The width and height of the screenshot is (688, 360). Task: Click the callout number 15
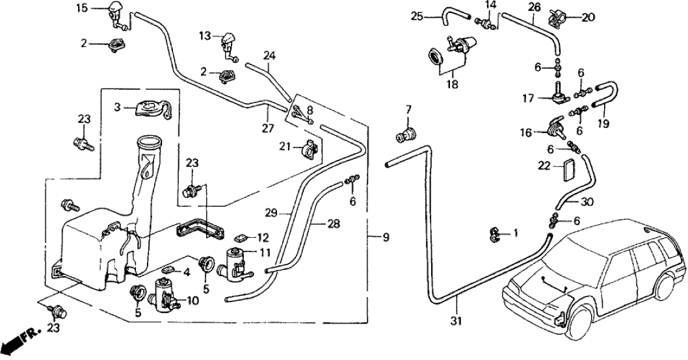point(81,8)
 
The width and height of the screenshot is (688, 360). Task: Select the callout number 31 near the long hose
point(457,320)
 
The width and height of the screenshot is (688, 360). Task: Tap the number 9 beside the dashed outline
point(386,238)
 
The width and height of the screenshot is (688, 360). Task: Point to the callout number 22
point(544,166)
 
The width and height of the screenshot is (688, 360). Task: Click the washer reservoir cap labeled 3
point(151,107)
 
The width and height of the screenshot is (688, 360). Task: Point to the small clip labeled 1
point(495,233)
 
